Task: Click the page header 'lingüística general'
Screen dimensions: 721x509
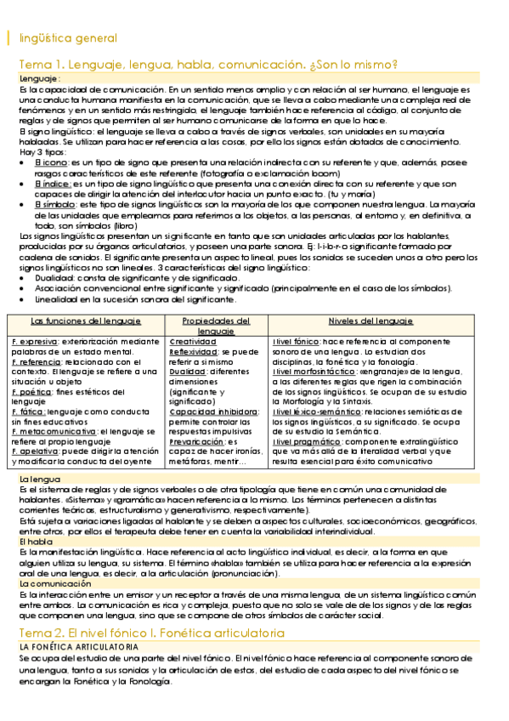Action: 68,38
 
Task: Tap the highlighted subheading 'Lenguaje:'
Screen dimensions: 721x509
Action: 40,78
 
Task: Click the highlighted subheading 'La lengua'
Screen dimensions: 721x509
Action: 39,480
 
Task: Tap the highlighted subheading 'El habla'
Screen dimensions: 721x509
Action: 36,541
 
